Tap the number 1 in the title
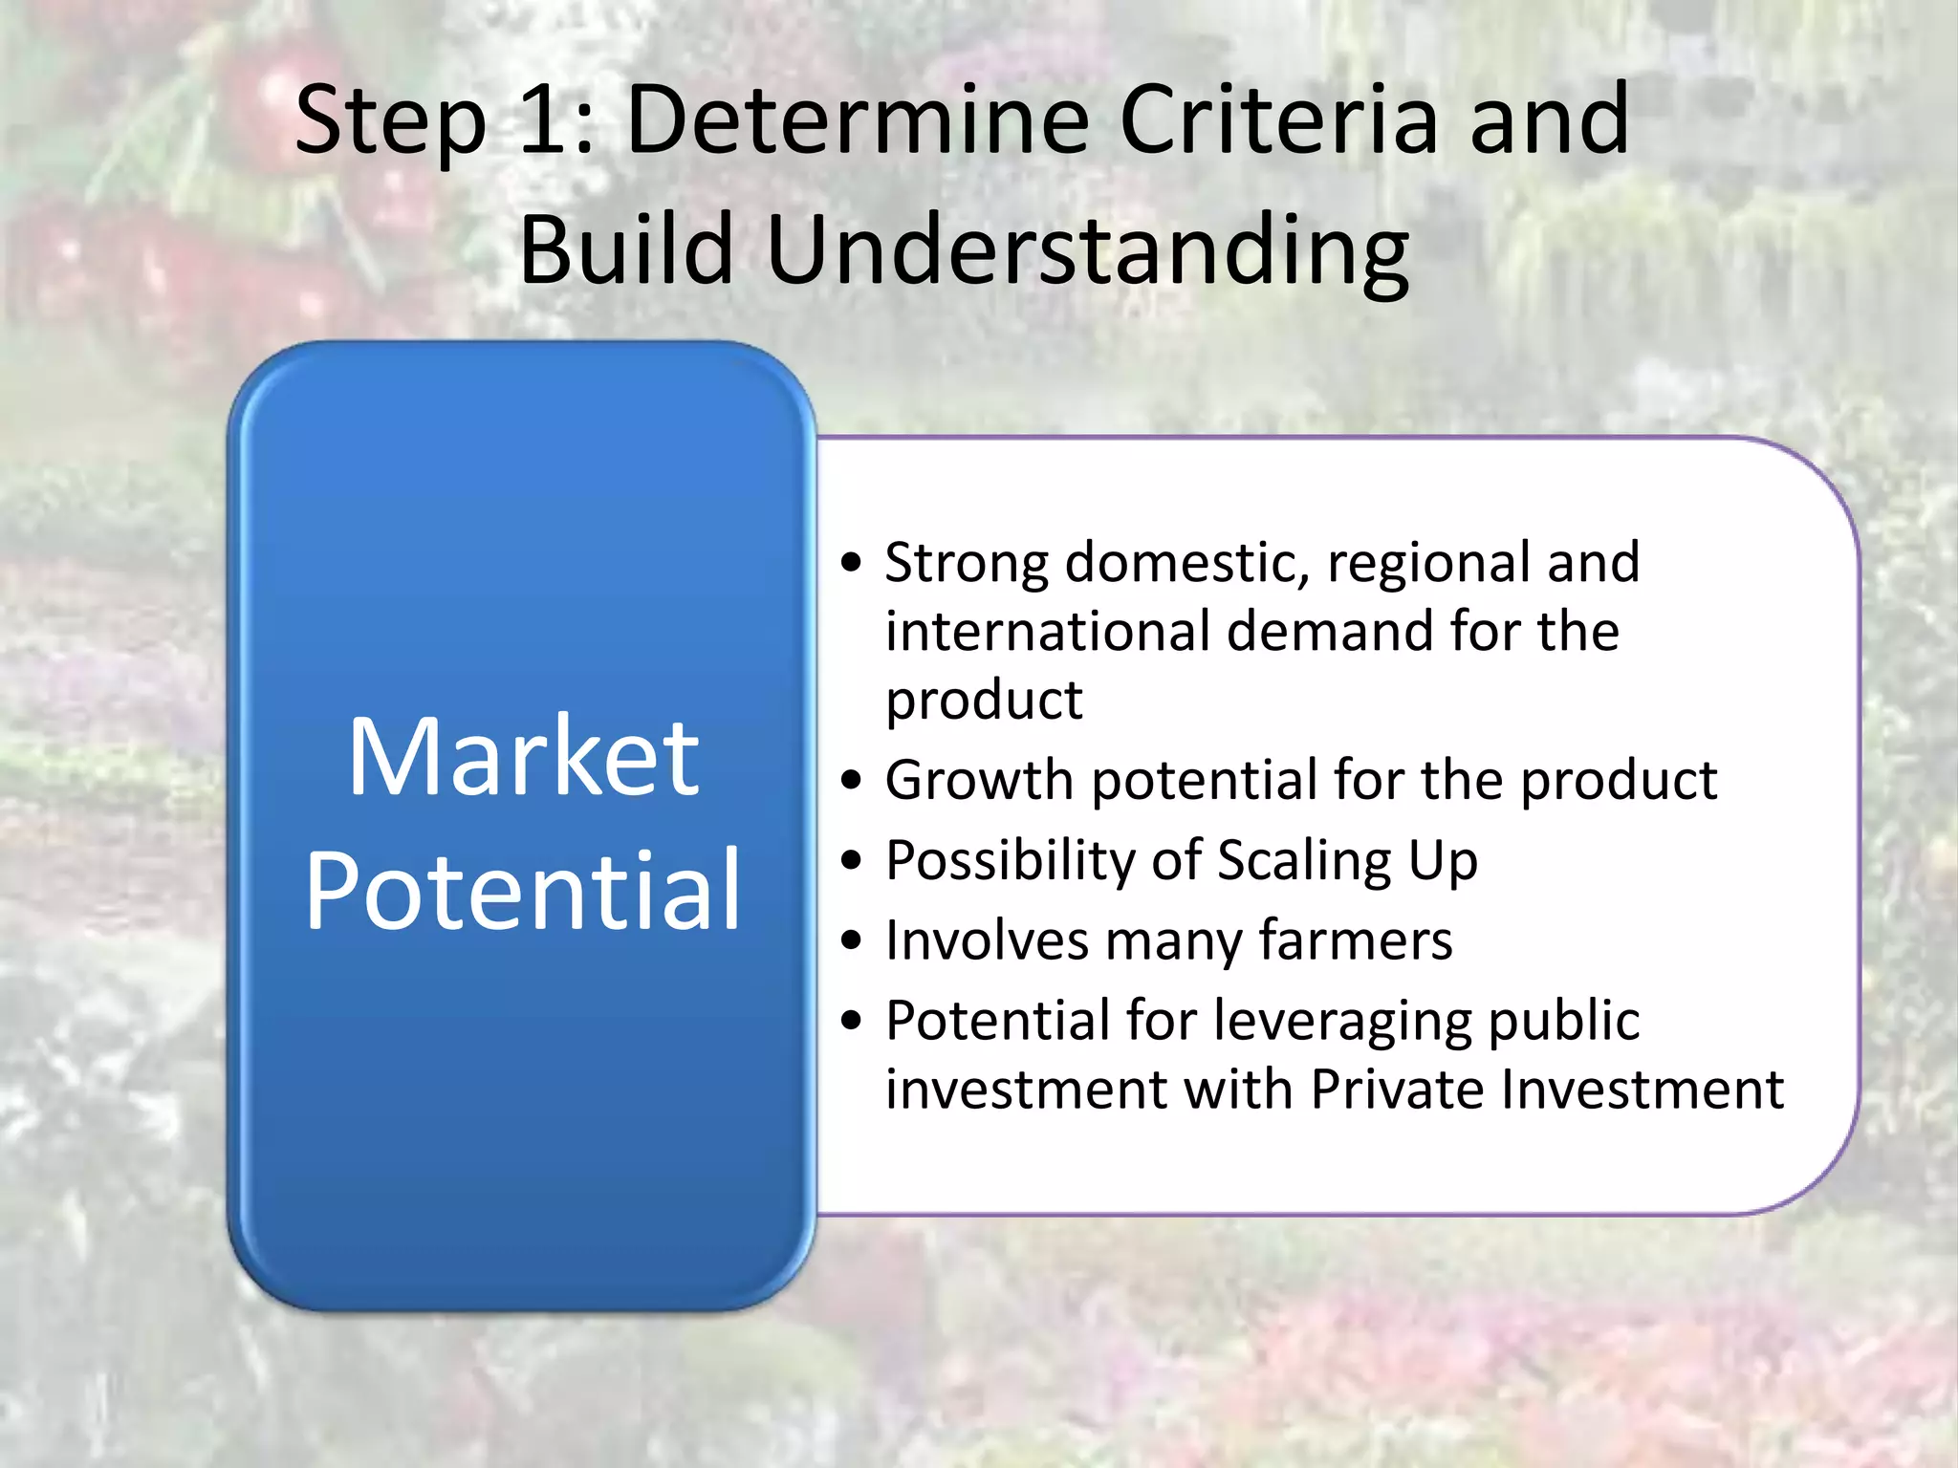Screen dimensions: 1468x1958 click(547, 120)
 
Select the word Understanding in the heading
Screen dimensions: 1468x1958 click(1087, 250)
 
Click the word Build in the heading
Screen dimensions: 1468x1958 click(625, 250)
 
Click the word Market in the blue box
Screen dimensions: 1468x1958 click(523, 757)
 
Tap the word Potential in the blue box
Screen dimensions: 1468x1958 click(523, 891)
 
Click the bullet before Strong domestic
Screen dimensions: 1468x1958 click(852, 564)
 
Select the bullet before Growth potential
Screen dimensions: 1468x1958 click(852, 782)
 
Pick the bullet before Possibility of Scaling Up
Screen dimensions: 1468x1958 click(852, 862)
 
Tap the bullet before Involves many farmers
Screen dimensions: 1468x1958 click(852, 942)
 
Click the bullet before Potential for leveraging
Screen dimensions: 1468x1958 click(852, 1023)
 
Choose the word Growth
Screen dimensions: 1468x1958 click(979, 781)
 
